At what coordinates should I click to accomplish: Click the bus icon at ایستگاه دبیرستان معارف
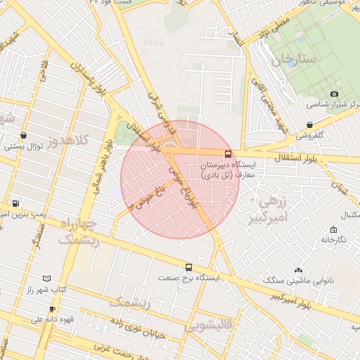pyautogui.click(x=228, y=154)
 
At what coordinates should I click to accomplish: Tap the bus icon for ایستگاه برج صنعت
pyautogui.click(x=188, y=267)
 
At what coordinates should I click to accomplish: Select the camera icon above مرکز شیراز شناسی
pyautogui.click(x=334, y=94)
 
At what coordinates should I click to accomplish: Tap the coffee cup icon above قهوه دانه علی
pyautogui.click(x=51, y=309)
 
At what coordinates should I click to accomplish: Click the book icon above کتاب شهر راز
pyautogui.click(x=47, y=278)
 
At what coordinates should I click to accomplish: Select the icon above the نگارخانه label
pyautogui.click(x=333, y=229)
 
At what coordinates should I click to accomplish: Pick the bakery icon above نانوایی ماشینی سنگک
pyautogui.click(x=299, y=270)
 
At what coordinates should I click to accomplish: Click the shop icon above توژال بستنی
pyautogui.click(x=25, y=136)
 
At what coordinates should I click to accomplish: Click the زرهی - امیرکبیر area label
pyautogui.click(x=269, y=210)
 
